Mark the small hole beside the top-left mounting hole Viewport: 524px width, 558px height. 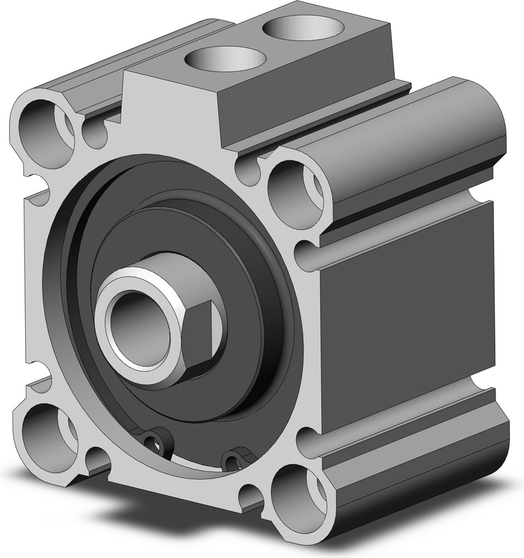(95, 133)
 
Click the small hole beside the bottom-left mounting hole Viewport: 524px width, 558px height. (95, 460)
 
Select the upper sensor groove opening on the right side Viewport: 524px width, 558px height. (307, 254)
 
